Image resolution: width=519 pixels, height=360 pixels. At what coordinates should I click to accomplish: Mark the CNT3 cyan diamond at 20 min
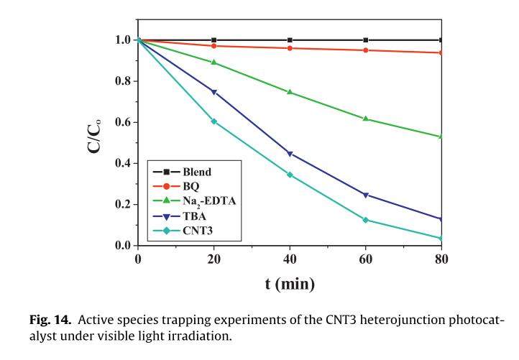pyautogui.click(x=213, y=121)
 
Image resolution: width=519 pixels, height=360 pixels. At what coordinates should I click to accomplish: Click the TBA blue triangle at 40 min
pyautogui.click(x=290, y=154)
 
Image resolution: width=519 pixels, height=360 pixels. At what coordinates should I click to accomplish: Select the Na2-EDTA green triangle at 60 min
pyautogui.click(x=366, y=119)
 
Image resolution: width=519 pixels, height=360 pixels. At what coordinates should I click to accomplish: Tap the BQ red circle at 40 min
pyautogui.click(x=290, y=48)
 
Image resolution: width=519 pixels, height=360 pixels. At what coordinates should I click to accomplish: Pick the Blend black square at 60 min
pyautogui.click(x=366, y=40)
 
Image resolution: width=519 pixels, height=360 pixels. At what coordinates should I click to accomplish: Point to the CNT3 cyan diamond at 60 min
pyautogui.click(x=366, y=220)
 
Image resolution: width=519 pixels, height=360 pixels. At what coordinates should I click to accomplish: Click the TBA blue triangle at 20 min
pyautogui.click(x=213, y=92)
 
